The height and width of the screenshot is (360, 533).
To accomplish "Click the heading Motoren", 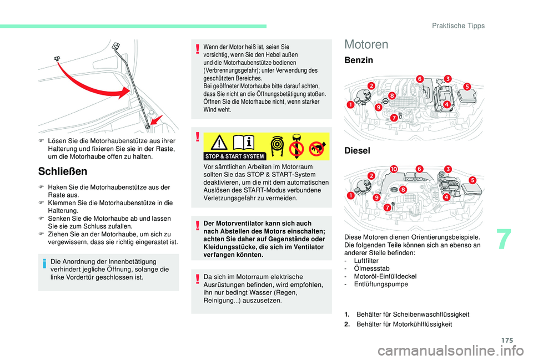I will pos(367,44).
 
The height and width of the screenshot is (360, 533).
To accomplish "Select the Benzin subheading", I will pos(359,60).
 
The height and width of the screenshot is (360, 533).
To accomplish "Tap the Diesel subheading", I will pos(358,150).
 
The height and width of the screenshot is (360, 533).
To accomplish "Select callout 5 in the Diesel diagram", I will pos(473,180).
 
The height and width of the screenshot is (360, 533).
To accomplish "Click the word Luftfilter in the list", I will pos(364,260).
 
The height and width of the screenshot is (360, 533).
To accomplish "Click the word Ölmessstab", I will pos(367,268).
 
